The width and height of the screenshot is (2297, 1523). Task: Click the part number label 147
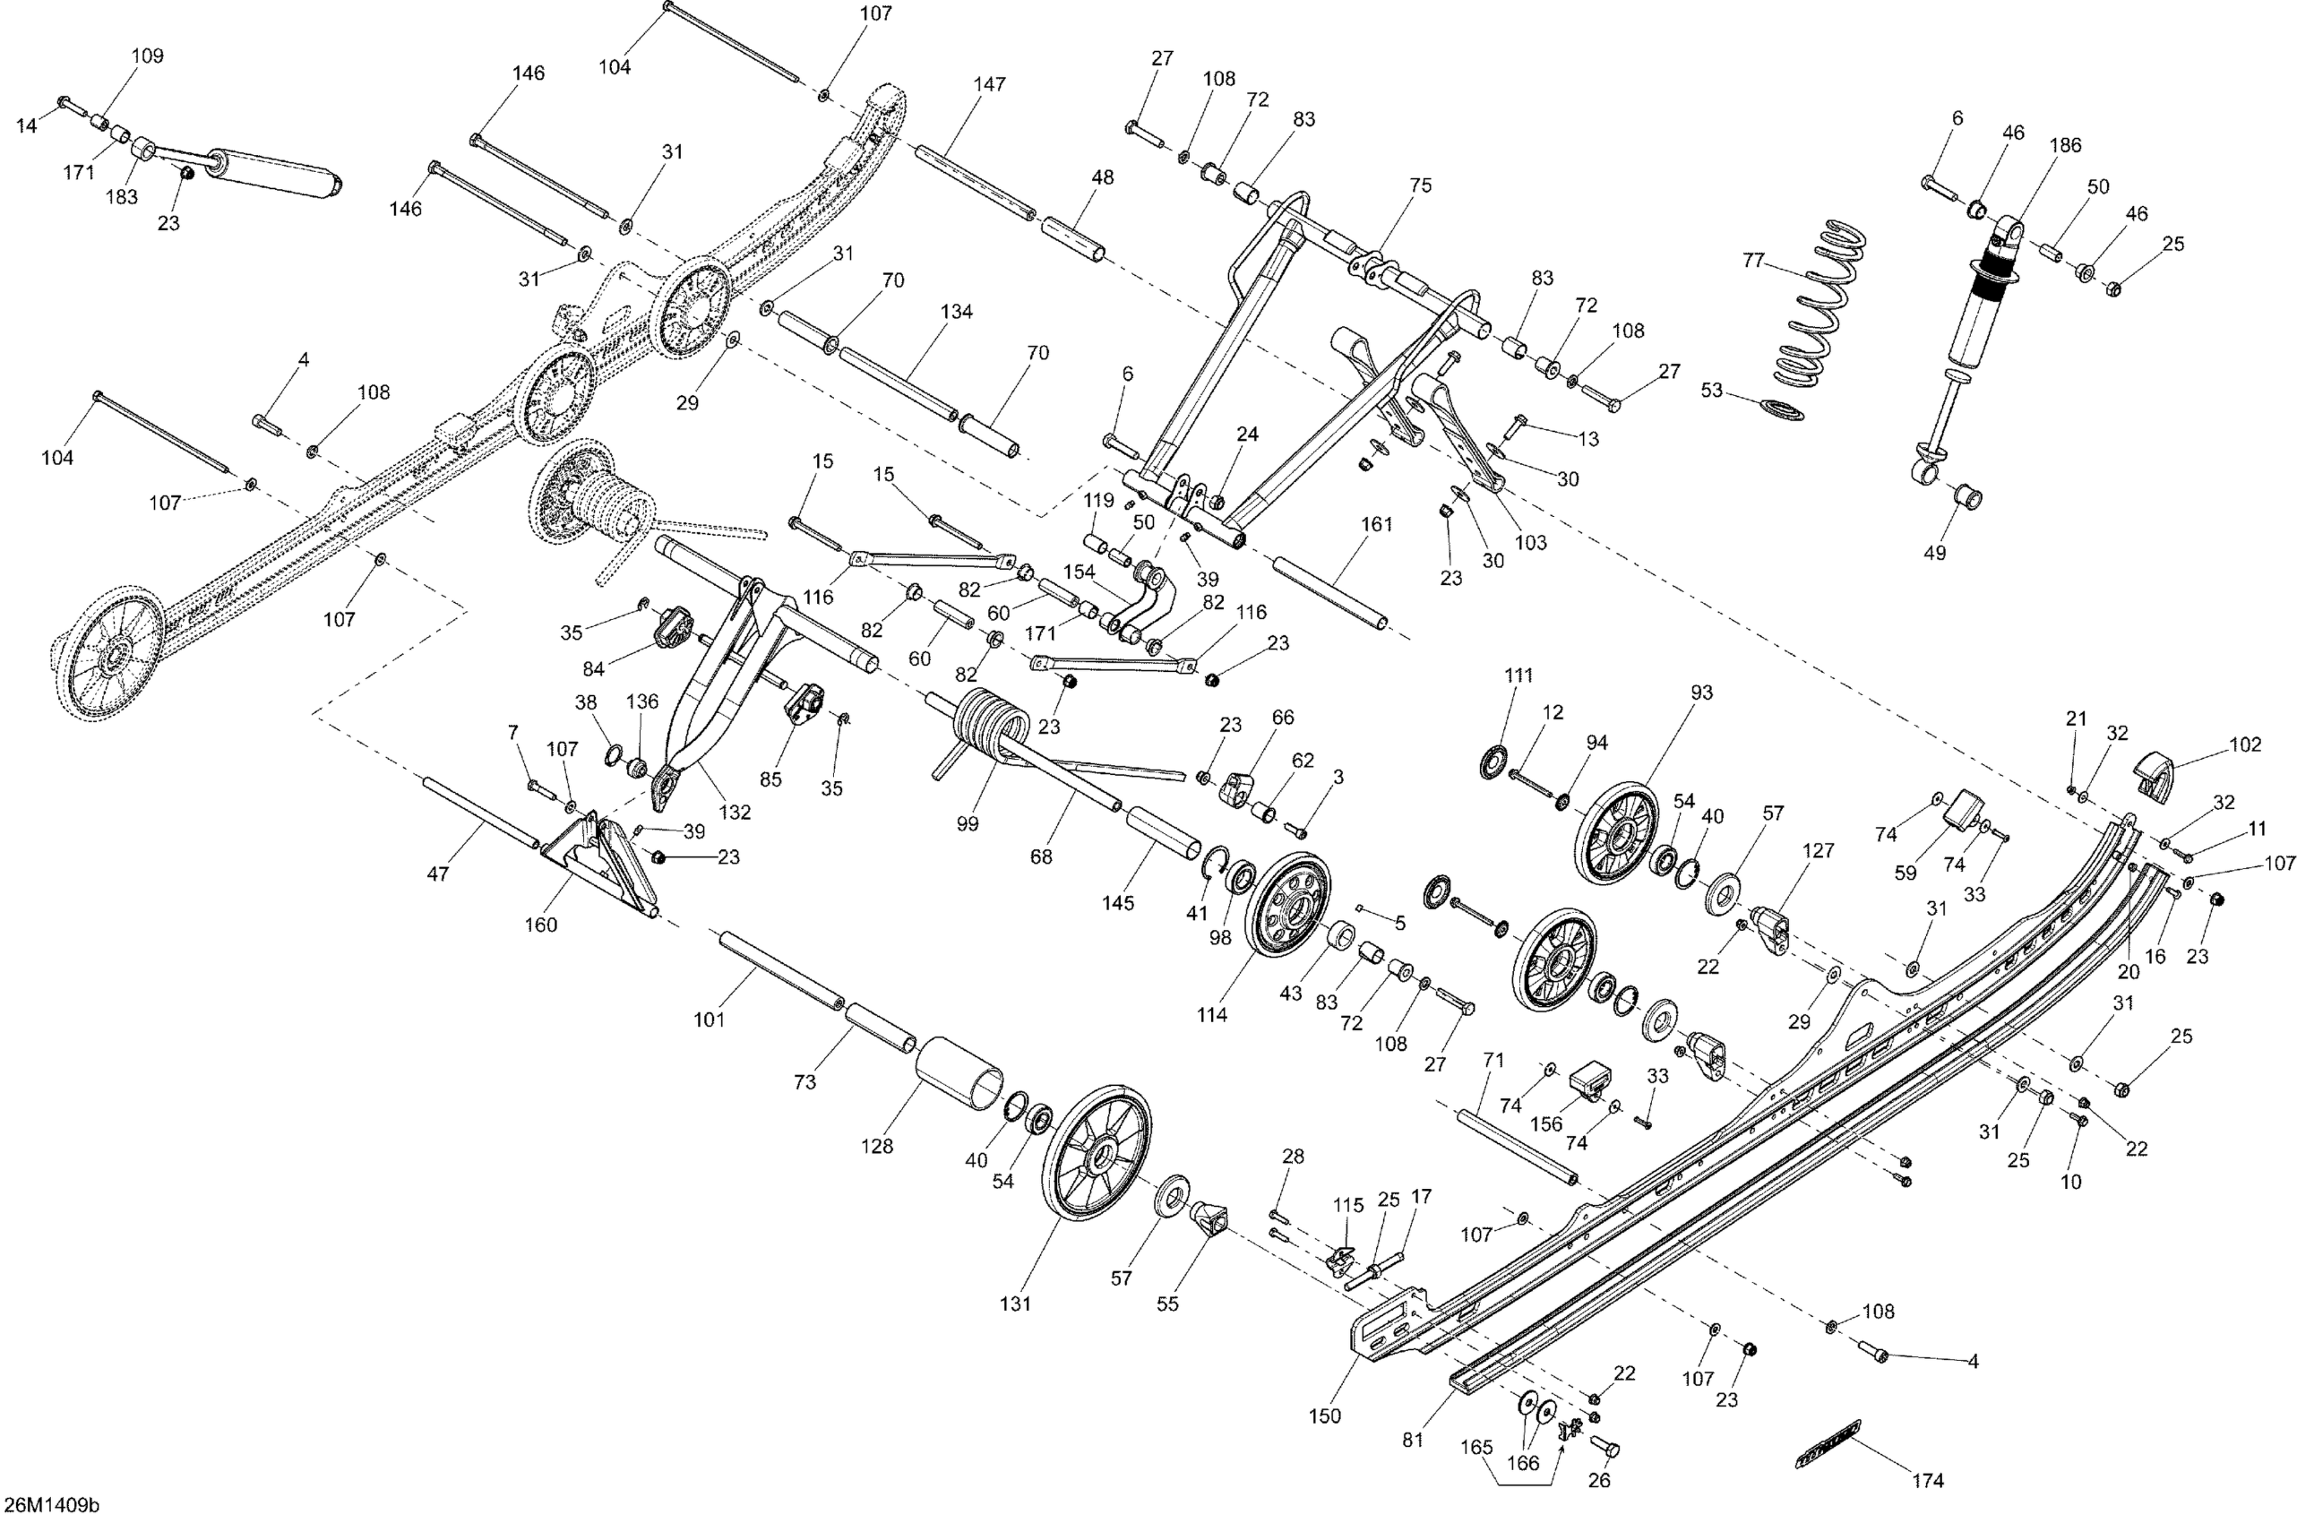point(989,84)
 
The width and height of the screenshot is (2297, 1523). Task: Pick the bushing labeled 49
point(1967,498)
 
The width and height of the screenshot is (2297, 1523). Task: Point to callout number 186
point(2064,146)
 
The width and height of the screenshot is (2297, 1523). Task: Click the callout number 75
point(1420,185)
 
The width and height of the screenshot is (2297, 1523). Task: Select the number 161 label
point(1376,524)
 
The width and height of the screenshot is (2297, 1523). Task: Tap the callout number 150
point(1324,1415)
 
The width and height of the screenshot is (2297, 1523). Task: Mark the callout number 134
point(956,312)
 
